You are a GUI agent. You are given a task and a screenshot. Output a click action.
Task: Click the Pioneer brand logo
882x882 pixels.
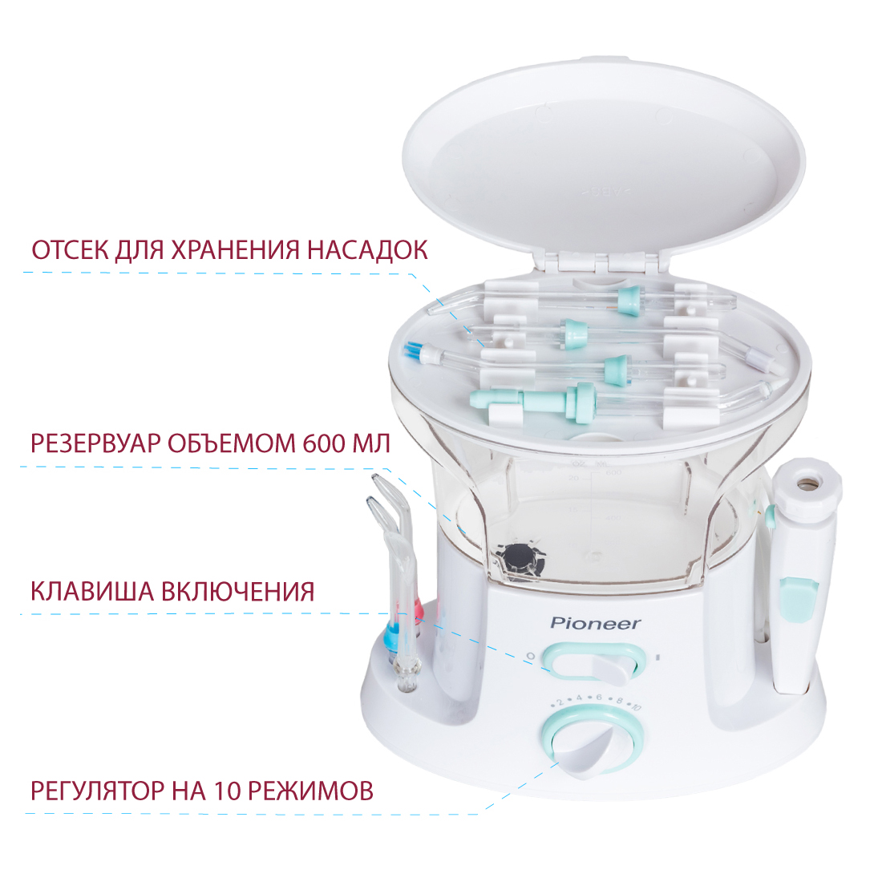pyautogui.click(x=595, y=623)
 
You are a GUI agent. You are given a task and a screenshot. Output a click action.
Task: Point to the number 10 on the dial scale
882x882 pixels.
pyautogui.click(x=635, y=706)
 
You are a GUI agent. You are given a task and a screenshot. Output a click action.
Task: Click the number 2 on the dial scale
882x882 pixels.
pyautogui.click(x=560, y=702)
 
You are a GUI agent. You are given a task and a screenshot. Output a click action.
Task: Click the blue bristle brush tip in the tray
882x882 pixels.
pyautogui.click(x=412, y=351)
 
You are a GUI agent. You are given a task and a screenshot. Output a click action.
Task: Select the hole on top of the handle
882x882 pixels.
pyautogui.click(x=808, y=482)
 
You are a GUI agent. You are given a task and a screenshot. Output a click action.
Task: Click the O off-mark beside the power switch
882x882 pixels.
pyautogui.click(x=530, y=655)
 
